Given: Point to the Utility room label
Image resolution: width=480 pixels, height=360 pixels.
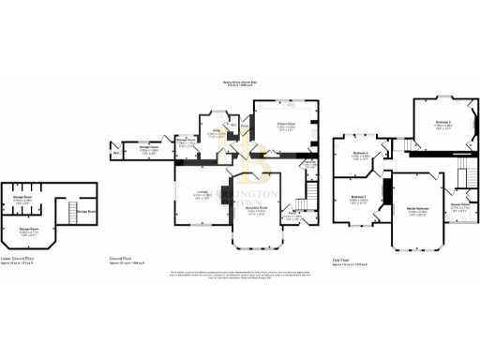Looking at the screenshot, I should tap(216, 135).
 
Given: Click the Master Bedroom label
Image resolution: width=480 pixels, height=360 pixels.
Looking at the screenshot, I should tap(417, 213).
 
